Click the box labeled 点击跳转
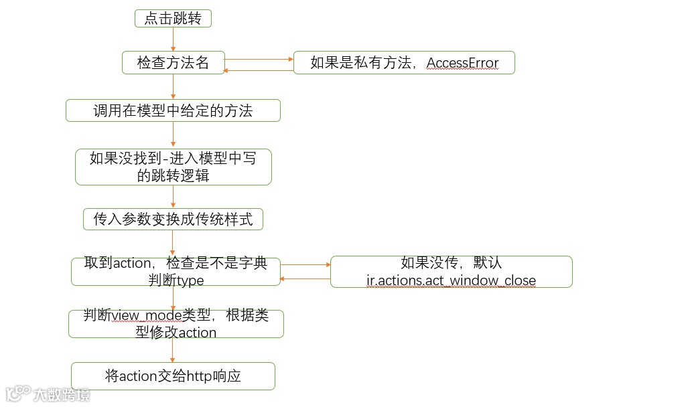tap(173, 19)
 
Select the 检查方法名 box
tap(173, 63)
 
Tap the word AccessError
tap(462, 63)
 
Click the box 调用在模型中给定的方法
tap(173, 110)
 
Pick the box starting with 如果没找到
tap(173, 167)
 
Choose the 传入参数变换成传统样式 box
tap(173, 219)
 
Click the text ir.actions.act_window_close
tap(451, 280)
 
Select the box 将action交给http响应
tap(173, 376)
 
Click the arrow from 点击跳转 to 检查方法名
tap(174, 39)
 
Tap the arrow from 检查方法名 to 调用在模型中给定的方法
tap(174, 86)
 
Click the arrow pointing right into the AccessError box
tap(259, 59)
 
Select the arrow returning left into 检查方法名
tap(259, 70)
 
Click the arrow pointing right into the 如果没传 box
tap(305, 264)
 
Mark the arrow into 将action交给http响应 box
tap(174, 350)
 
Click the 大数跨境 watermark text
tap(62, 394)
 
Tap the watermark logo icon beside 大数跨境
tap(18, 394)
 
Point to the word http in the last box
tap(194, 376)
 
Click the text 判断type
tap(176, 280)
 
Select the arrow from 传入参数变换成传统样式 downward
tap(174, 243)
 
